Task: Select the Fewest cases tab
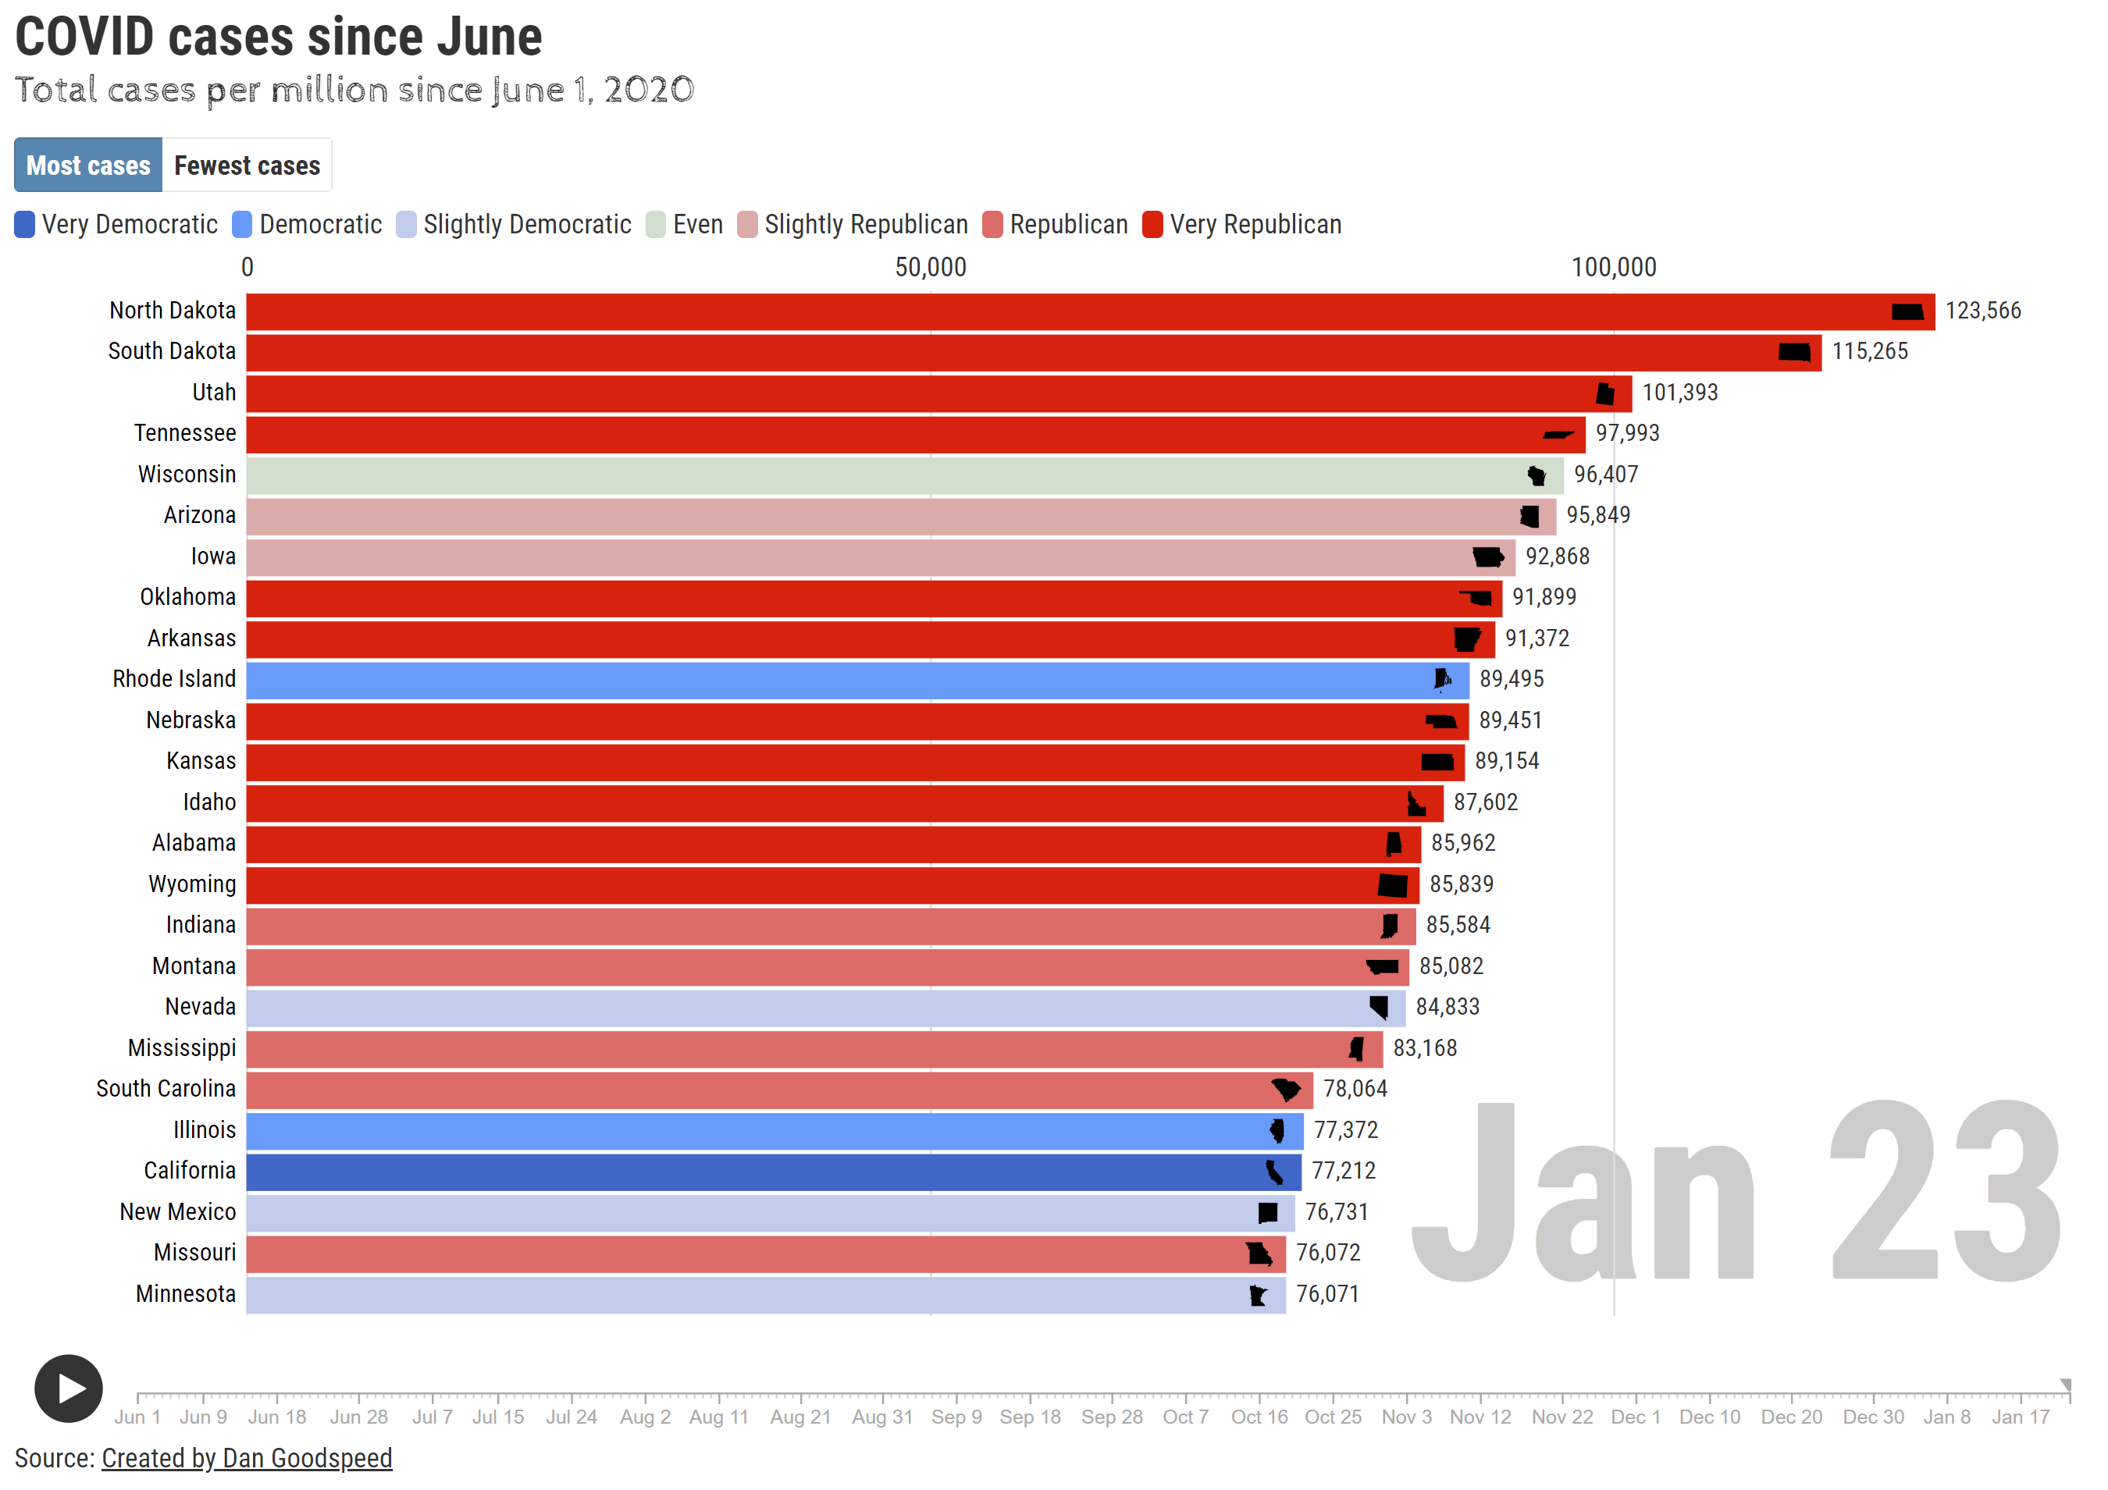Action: click(x=246, y=165)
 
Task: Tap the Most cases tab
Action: click(x=88, y=165)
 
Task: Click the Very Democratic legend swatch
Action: click(x=25, y=225)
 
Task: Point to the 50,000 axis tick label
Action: click(x=930, y=267)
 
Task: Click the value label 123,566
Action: click(x=1982, y=311)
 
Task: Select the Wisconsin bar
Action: click(x=904, y=475)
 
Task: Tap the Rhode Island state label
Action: click(x=173, y=679)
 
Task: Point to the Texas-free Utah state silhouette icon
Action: click(x=1605, y=394)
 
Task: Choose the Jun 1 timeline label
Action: click(x=137, y=1417)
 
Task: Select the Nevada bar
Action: click(x=825, y=1008)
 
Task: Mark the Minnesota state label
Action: click(x=186, y=1294)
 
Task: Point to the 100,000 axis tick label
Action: click(x=1613, y=267)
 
